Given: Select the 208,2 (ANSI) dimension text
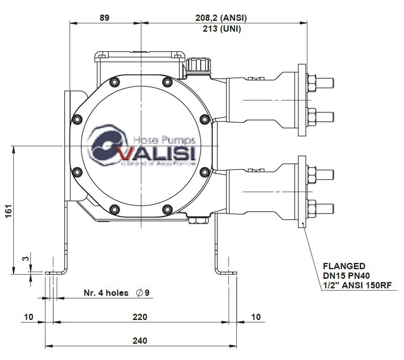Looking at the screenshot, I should pyautogui.click(x=221, y=18).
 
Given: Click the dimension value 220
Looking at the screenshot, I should pyautogui.click(x=140, y=317).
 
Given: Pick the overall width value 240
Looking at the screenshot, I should pyautogui.click(x=140, y=341).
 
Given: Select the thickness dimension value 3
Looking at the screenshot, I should pyautogui.click(x=26, y=259).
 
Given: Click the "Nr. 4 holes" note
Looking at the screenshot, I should pyautogui.click(x=106, y=293).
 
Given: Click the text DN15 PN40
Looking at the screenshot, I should pyautogui.click(x=346, y=275).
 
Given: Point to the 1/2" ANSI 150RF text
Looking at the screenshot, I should pyautogui.click(x=357, y=285).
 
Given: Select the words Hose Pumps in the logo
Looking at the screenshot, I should pyautogui.click(x=163, y=140).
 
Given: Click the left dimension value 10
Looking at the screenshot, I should pyautogui.click(x=28, y=317).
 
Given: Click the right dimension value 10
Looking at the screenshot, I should pyautogui.click(x=256, y=317).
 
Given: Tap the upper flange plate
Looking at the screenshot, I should pyautogui.click(x=302, y=100).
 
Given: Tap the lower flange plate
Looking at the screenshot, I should pyautogui.click(x=302, y=191).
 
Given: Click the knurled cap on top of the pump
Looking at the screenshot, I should pyautogui.click(x=198, y=65).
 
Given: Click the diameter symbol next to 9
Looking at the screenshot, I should pyautogui.click(x=139, y=293).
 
